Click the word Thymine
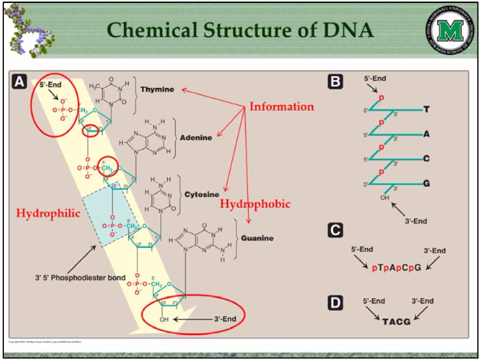pyautogui.click(x=157, y=89)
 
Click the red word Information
pyautogui.click(x=281, y=106)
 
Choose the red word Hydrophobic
pyautogui.click(x=254, y=204)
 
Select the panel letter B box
pyautogui.click(x=336, y=81)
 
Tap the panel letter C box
pyautogui.click(x=336, y=230)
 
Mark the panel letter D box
pyautogui.click(x=336, y=302)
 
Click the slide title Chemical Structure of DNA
pyautogui.click(x=240, y=31)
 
